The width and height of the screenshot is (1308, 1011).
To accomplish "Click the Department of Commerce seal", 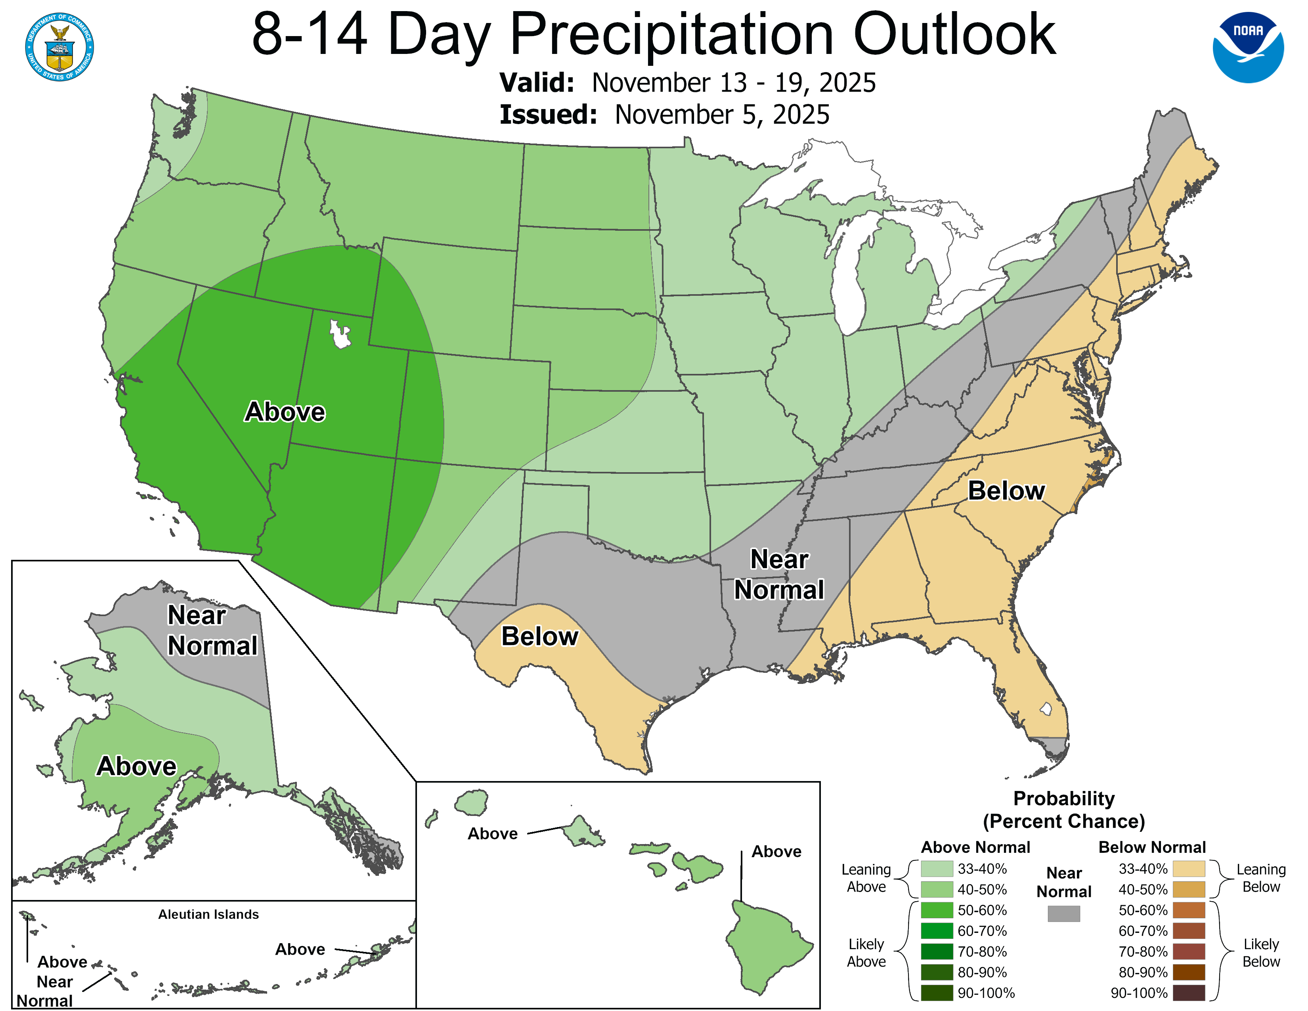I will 59,47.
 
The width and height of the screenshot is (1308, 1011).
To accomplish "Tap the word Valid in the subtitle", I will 537,82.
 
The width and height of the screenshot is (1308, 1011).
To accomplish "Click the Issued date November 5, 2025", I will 722,115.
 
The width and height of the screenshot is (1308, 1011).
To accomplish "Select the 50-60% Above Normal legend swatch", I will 936,910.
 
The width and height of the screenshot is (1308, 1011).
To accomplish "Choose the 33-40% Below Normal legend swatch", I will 1188,868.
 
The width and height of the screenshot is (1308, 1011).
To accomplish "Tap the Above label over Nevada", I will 285,412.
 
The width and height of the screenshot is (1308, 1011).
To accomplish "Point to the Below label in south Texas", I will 539,636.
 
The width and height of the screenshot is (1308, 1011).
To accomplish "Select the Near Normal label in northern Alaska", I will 211,630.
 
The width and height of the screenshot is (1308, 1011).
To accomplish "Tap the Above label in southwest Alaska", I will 137,766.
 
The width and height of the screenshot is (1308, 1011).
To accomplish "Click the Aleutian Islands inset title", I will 208,914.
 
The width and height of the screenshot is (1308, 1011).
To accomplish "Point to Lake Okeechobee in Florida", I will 1046,709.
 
